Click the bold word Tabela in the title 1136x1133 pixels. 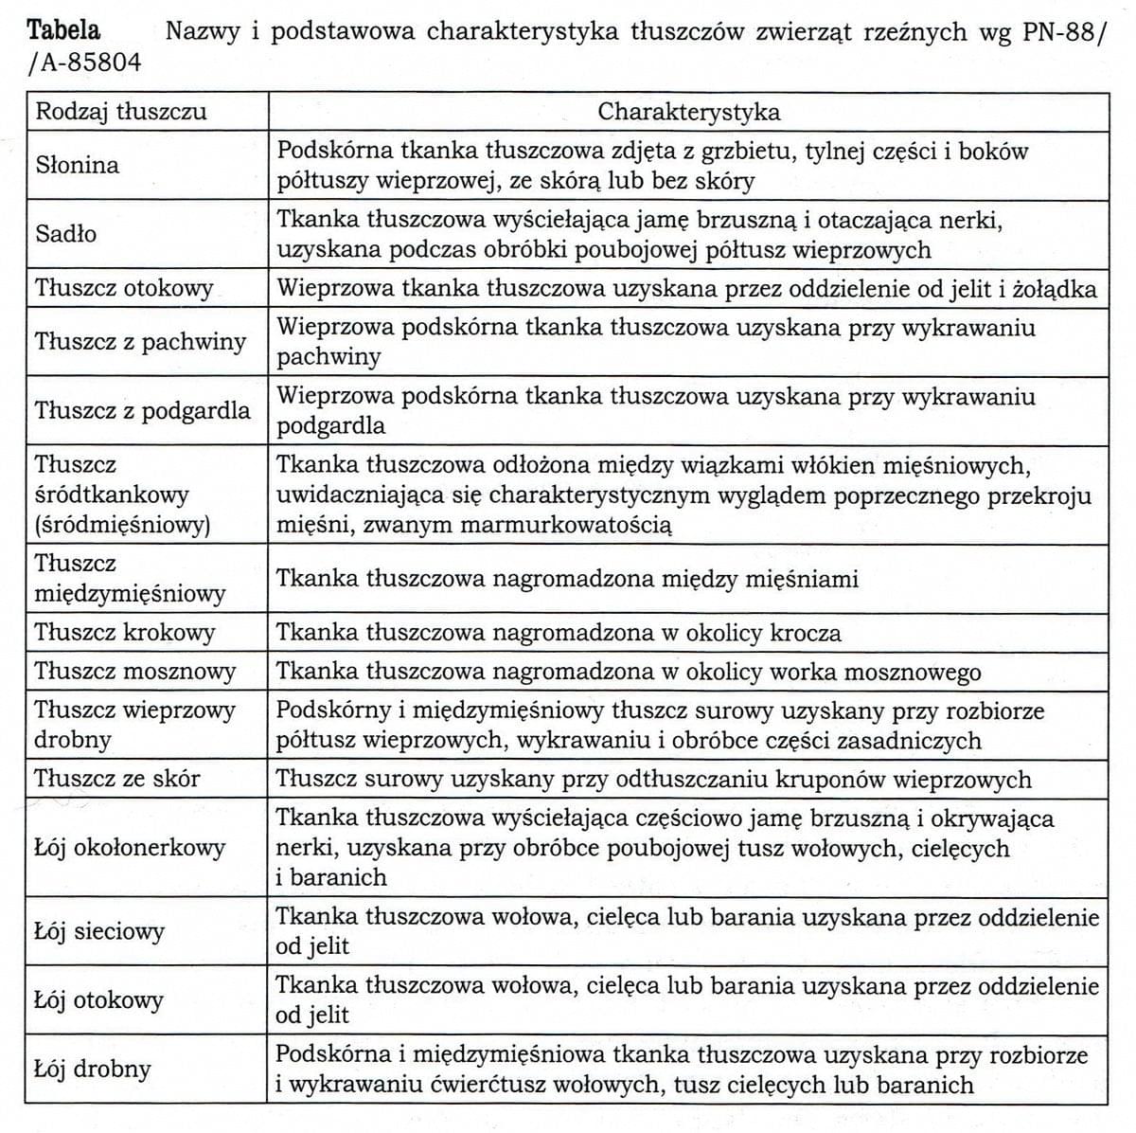tap(63, 30)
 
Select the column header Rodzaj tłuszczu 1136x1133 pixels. tap(120, 112)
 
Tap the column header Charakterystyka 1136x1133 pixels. tap(688, 112)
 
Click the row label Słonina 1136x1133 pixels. tap(78, 165)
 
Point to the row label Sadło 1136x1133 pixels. tap(66, 233)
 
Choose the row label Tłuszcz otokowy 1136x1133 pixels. tap(124, 288)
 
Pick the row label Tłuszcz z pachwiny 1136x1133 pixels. tap(140, 341)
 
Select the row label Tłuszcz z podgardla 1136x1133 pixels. tap(143, 410)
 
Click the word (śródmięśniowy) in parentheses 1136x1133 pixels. tap(122, 524)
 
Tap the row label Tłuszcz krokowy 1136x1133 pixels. tap(125, 632)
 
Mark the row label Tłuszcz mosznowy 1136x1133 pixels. tap(134, 672)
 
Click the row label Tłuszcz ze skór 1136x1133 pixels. tap(117, 779)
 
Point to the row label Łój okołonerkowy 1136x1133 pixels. tap(130, 847)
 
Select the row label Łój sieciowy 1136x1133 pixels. tap(99, 931)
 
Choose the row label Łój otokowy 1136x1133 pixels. tap(98, 999)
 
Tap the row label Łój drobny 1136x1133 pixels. tap(93, 1069)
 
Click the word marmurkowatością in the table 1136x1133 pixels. tap(566, 524)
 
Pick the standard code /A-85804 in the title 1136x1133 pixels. tap(84, 63)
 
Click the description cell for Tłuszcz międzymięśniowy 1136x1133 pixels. tap(567, 578)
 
